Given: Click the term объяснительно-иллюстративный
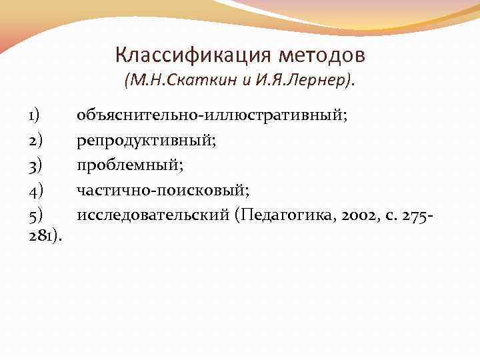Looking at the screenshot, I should pyautogui.click(x=211, y=115).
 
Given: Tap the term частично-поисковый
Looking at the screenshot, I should pyautogui.click(x=163, y=190).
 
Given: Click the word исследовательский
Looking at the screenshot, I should pyautogui.click(x=153, y=215).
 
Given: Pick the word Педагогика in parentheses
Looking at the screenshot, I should pyautogui.click(x=284, y=215).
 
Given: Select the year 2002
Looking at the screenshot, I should pyautogui.click(x=355, y=215).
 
